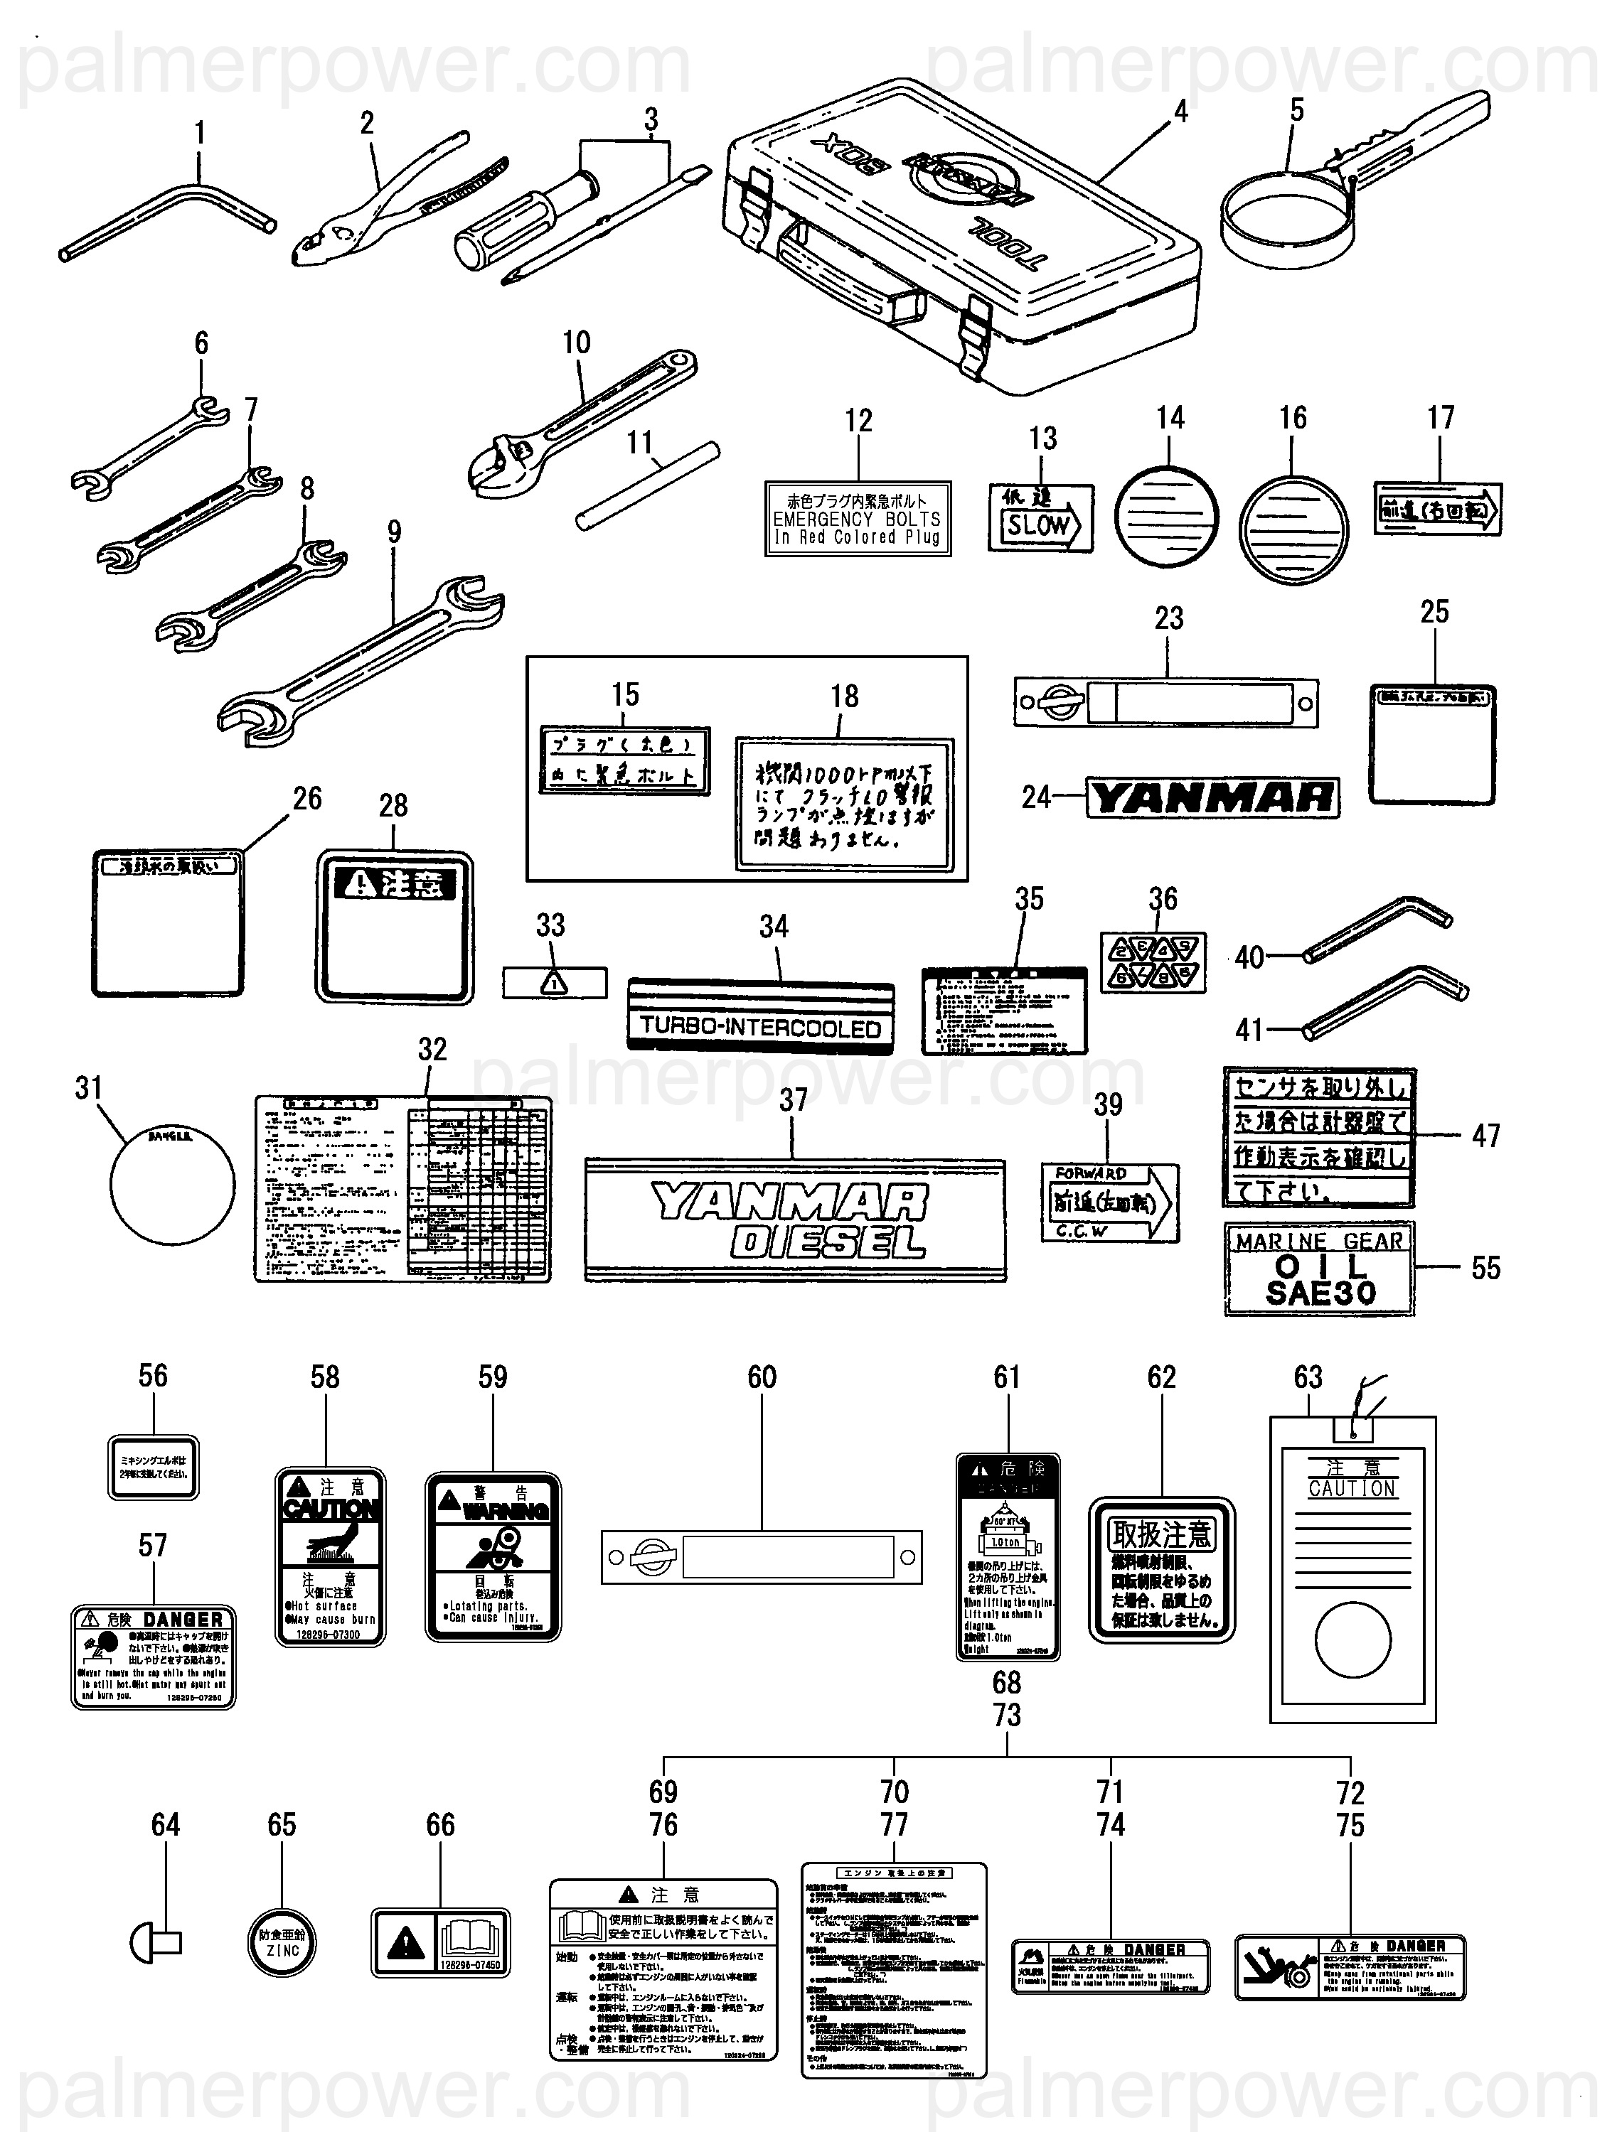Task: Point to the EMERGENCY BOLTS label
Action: click(x=857, y=519)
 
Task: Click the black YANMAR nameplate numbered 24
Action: click(x=1213, y=798)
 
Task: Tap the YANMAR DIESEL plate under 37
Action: click(x=794, y=1221)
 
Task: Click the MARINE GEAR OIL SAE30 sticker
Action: click(x=1319, y=1269)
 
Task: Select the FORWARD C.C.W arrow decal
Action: click(x=1109, y=1203)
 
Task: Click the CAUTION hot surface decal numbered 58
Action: click(x=331, y=1558)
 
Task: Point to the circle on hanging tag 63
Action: click(x=1352, y=1640)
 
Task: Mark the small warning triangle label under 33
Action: click(x=555, y=982)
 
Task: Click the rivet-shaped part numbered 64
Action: click(x=154, y=1943)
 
